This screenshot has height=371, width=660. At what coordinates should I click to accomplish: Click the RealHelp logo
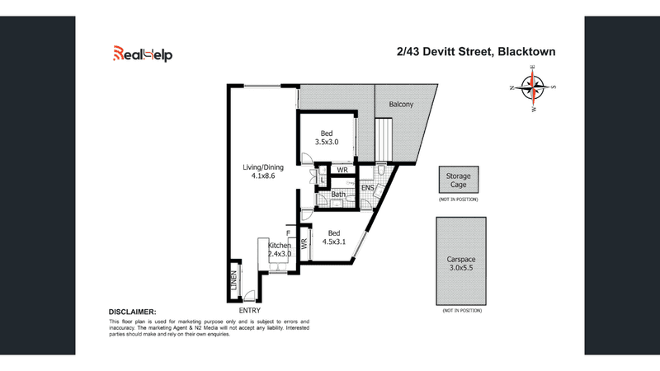[x=143, y=54]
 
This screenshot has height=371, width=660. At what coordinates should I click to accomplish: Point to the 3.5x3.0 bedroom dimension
[x=327, y=142]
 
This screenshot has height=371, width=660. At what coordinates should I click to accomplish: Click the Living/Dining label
[x=262, y=167]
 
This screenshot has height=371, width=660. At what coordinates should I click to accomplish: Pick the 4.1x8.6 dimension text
[x=262, y=176]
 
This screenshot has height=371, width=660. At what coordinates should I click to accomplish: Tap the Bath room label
[x=338, y=195]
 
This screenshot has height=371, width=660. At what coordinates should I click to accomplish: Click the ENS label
[x=368, y=189]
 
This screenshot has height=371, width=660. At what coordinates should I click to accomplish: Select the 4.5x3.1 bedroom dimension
[x=332, y=242]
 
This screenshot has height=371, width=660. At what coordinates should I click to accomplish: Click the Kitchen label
[x=278, y=246]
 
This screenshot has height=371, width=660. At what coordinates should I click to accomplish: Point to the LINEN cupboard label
[x=233, y=281]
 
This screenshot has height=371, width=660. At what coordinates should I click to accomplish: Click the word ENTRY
[x=248, y=309]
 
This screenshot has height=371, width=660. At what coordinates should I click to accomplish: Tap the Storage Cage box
[x=459, y=181]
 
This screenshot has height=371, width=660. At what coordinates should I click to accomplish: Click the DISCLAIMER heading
[x=133, y=312]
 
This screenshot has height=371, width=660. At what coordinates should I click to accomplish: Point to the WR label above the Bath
[x=342, y=171]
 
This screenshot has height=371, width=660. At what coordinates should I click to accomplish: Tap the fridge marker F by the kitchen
[x=289, y=233]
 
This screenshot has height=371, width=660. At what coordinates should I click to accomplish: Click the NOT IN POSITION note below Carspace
[x=459, y=311]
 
